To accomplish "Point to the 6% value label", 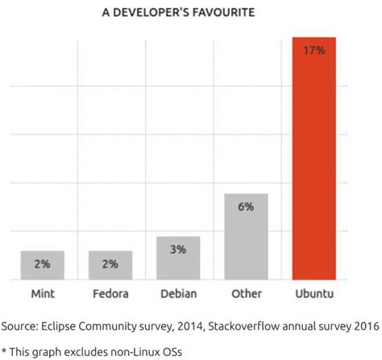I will (x=246, y=207).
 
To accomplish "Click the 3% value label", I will (x=178, y=249).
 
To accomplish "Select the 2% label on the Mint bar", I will (x=43, y=263).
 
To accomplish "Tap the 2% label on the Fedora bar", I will (x=110, y=263).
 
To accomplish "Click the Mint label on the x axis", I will (x=43, y=293).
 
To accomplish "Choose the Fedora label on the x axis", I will (x=110, y=293).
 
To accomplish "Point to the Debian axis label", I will (x=178, y=293).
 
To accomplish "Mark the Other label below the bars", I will (x=246, y=293).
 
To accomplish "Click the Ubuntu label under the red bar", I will (x=313, y=293).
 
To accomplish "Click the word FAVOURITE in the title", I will (x=223, y=13).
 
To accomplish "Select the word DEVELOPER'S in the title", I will (x=151, y=13).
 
